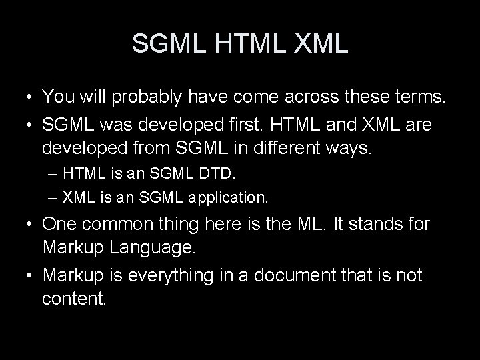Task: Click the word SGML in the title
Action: click(x=171, y=44)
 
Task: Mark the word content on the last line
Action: click(x=73, y=297)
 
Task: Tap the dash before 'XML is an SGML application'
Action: click(x=53, y=197)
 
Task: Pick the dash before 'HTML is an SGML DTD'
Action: click(x=53, y=175)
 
